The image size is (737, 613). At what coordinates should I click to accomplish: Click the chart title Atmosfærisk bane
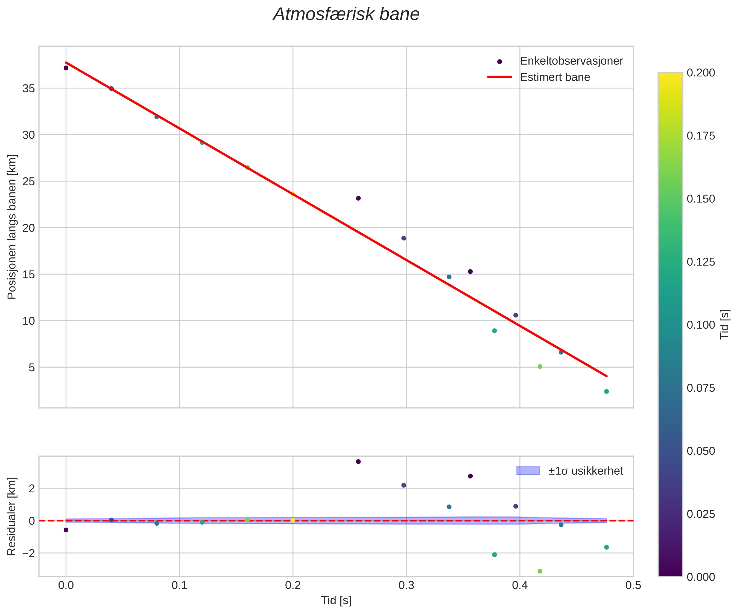click(346, 15)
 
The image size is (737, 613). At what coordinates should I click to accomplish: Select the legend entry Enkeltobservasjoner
click(571, 61)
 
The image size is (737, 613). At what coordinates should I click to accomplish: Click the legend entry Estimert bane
click(554, 77)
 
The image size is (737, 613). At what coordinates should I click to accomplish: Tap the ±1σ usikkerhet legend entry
click(585, 471)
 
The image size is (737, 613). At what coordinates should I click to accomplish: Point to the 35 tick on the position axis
click(29, 88)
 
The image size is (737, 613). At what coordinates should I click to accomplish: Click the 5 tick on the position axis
click(32, 367)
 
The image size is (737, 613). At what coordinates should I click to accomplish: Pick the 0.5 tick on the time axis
click(633, 586)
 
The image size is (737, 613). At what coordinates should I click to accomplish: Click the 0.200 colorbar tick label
click(700, 73)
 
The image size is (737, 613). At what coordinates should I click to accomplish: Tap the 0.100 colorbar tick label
click(700, 325)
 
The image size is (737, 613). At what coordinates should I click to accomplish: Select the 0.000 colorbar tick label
click(700, 577)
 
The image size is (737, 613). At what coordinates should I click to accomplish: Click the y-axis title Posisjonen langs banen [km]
click(12, 227)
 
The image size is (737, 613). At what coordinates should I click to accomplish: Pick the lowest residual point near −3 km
click(540, 571)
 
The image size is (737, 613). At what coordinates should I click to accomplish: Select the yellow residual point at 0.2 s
click(293, 520)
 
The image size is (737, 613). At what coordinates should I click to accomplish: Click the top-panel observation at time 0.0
click(66, 68)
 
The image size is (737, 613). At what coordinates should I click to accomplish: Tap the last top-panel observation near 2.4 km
click(606, 391)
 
